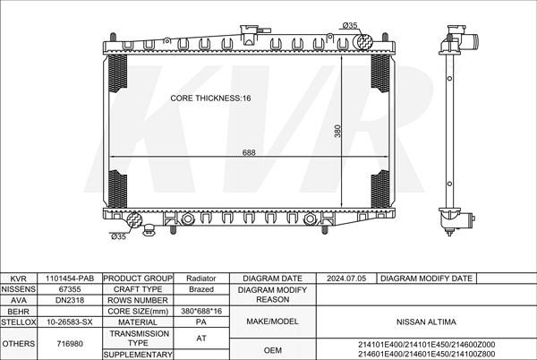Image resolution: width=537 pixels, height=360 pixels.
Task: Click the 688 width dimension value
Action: tap(249, 152)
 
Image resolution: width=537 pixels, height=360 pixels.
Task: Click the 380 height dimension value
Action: tap(337, 131)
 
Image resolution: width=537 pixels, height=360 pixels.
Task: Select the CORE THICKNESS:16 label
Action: tap(210, 99)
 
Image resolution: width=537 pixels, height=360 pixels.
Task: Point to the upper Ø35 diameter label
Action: tap(350, 25)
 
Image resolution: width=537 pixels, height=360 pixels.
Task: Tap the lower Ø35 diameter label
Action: tap(118, 236)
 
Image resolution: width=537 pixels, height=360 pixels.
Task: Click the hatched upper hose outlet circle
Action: tap(365, 42)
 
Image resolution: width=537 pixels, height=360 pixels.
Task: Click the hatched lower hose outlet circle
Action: tap(134, 220)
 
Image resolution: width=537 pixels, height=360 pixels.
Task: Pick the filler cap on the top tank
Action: tap(250, 33)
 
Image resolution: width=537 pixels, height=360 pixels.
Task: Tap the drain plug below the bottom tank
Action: tap(149, 229)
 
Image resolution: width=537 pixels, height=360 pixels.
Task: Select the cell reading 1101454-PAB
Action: tap(70, 279)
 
